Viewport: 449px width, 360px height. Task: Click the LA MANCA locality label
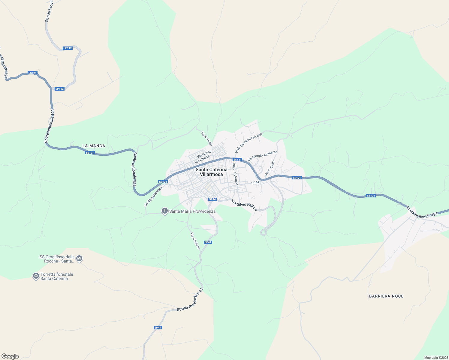pos(94,146)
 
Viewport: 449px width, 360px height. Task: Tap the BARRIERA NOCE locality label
pos(386,296)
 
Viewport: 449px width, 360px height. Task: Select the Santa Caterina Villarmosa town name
pos(211,172)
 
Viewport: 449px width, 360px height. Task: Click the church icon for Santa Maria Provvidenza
pos(164,211)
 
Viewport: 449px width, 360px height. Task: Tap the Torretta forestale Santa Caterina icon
pos(36,276)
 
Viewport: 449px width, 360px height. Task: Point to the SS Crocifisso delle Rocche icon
pos(79,258)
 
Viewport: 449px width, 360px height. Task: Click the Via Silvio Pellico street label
pos(244,205)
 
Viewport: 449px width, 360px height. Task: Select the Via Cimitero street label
pos(195,241)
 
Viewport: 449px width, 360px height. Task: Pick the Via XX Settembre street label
pos(153,197)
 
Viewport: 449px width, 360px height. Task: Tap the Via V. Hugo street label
pos(207,139)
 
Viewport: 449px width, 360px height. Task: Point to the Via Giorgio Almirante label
pos(262,156)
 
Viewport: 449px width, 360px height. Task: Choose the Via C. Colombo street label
pos(235,174)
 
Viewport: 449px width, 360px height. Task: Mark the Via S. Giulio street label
pos(270,168)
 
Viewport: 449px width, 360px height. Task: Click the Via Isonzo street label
pos(204,154)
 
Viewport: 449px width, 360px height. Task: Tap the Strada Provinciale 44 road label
pos(190,300)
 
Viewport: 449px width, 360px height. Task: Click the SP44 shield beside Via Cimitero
pos(208,242)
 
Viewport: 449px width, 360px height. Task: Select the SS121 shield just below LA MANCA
pos(90,153)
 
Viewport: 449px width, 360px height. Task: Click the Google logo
pos(10,356)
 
